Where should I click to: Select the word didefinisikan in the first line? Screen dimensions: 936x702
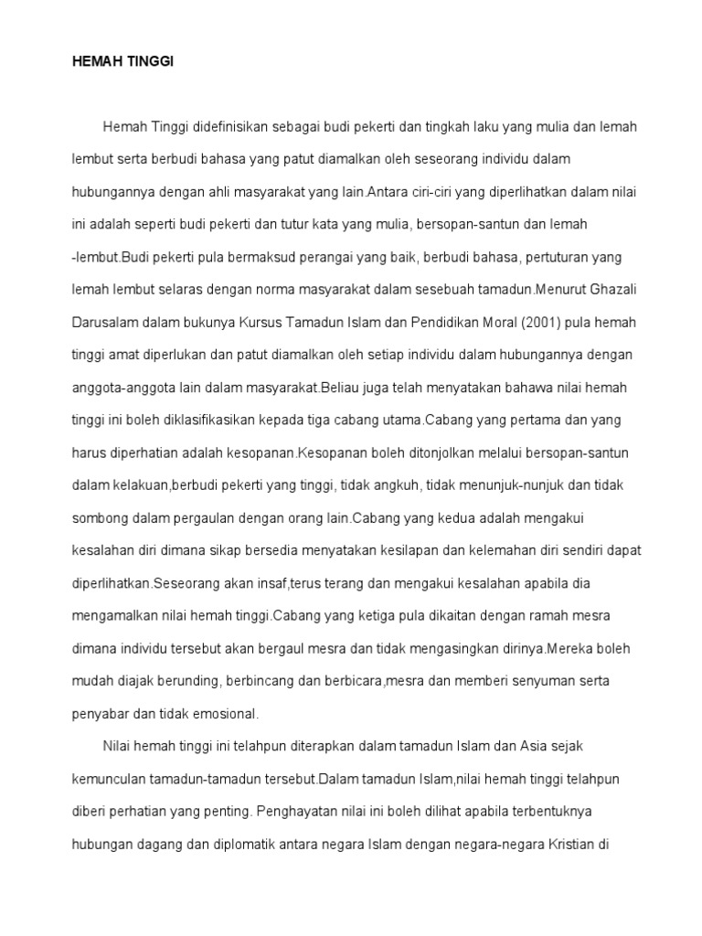click(229, 127)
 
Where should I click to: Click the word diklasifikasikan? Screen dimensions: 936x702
click(217, 420)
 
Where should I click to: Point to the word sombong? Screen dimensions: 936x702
click(101, 517)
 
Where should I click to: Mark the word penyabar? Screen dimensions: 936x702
click(100, 714)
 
